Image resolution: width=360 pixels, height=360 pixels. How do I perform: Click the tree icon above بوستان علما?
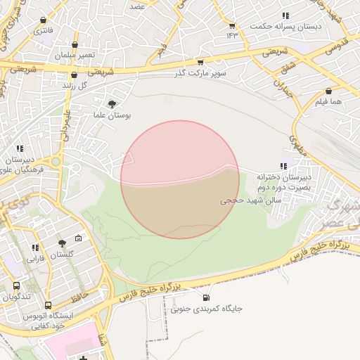coord(112,104)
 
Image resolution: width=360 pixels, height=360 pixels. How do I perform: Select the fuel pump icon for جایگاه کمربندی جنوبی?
coord(185,298)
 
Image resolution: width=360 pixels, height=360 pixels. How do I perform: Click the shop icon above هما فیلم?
coord(328,91)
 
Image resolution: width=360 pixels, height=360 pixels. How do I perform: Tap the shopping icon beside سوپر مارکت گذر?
coord(201,63)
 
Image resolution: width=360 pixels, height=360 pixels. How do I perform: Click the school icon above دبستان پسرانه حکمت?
coord(285,15)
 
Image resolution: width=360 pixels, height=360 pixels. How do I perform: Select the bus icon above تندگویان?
coord(16,286)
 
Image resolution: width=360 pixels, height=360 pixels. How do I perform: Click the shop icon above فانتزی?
coord(44,20)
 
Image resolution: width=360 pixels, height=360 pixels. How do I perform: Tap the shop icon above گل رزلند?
coord(74,75)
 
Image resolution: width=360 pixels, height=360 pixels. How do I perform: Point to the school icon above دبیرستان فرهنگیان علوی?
coord(20,149)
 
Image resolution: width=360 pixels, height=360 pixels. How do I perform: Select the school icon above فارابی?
coord(35,247)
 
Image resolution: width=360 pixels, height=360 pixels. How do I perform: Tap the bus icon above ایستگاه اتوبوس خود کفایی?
coord(48,305)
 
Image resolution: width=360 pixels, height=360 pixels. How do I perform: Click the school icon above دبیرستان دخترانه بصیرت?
coord(283,166)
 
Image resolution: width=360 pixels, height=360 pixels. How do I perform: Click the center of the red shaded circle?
coord(180,179)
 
